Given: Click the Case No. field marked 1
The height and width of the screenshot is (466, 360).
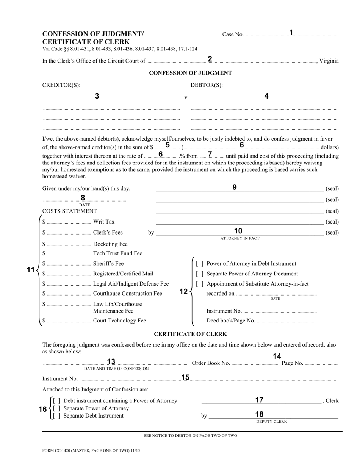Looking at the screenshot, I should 292,34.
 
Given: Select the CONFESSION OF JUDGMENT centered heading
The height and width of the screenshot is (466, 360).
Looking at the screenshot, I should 190,73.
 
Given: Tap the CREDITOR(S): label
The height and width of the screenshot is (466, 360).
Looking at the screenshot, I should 61,85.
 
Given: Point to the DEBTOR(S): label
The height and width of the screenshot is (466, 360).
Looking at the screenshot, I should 207,85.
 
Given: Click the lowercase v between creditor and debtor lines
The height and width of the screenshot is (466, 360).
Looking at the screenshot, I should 186,98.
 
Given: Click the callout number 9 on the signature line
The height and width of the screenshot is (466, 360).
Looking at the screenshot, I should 235,187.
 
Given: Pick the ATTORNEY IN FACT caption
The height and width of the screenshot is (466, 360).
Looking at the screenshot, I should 240,238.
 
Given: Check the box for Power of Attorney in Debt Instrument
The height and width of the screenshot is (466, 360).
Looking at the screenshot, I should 200,264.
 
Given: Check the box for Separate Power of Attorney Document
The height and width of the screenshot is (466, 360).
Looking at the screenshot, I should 200,274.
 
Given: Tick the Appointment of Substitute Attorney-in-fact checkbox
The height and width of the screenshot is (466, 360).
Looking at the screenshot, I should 200,284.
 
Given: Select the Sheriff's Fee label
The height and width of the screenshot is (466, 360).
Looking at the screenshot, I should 108,263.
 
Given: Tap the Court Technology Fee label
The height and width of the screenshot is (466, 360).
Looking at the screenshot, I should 119,321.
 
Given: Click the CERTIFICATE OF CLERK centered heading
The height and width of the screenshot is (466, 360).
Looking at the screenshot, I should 190,334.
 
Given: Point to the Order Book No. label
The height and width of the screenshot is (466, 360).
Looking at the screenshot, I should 211,363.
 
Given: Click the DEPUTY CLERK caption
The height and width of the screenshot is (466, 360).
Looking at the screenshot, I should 271,421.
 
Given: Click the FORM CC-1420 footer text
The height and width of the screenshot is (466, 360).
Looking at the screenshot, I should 88,451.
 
